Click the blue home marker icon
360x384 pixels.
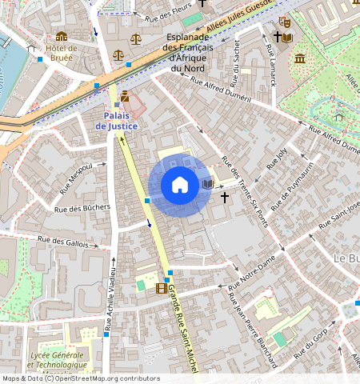[180, 186]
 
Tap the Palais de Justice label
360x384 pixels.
[117, 121]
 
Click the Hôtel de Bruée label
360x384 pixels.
[62, 53]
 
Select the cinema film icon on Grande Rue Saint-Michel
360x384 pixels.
[162, 288]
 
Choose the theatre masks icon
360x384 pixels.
[284, 22]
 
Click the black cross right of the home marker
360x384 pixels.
[225, 196]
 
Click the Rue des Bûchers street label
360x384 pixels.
[81, 209]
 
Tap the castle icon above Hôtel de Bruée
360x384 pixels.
[62, 36]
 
